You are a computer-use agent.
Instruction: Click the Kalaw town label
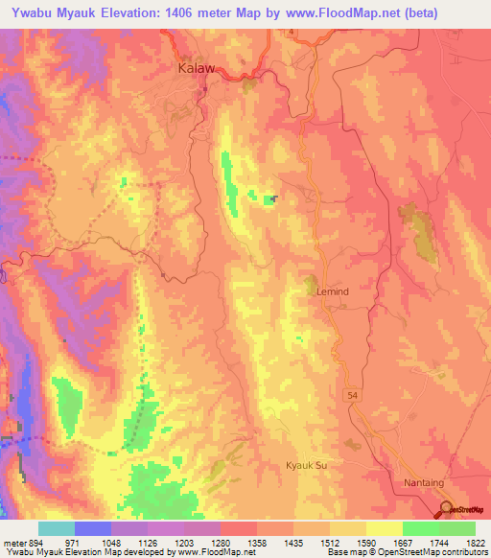[x=198, y=69]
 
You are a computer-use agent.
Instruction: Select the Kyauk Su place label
[x=307, y=465]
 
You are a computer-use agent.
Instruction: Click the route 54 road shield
[x=351, y=394]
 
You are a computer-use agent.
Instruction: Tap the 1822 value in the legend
[x=477, y=542]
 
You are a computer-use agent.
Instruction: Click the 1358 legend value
[x=255, y=542]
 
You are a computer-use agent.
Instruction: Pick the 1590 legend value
[x=365, y=542]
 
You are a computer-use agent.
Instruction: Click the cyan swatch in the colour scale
[x=56, y=528]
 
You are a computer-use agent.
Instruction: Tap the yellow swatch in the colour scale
[x=384, y=528]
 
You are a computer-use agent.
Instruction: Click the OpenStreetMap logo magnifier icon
[x=446, y=509]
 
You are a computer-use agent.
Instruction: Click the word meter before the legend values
[x=12, y=542]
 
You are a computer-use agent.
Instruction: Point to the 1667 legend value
[x=403, y=542]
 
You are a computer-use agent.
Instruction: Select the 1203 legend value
[x=181, y=542]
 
